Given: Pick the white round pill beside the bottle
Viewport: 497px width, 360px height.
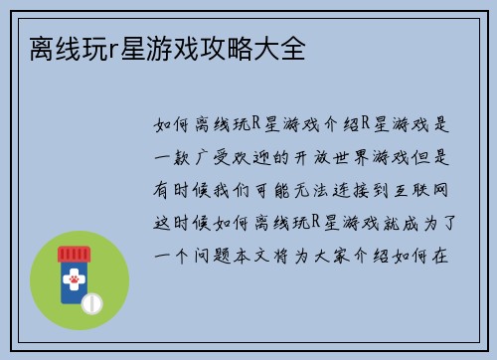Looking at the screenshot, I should coord(92,301).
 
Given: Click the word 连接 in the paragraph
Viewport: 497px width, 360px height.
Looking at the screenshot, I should coord(366,189).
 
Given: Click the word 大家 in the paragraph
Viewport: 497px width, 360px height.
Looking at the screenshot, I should coord(356,254).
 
